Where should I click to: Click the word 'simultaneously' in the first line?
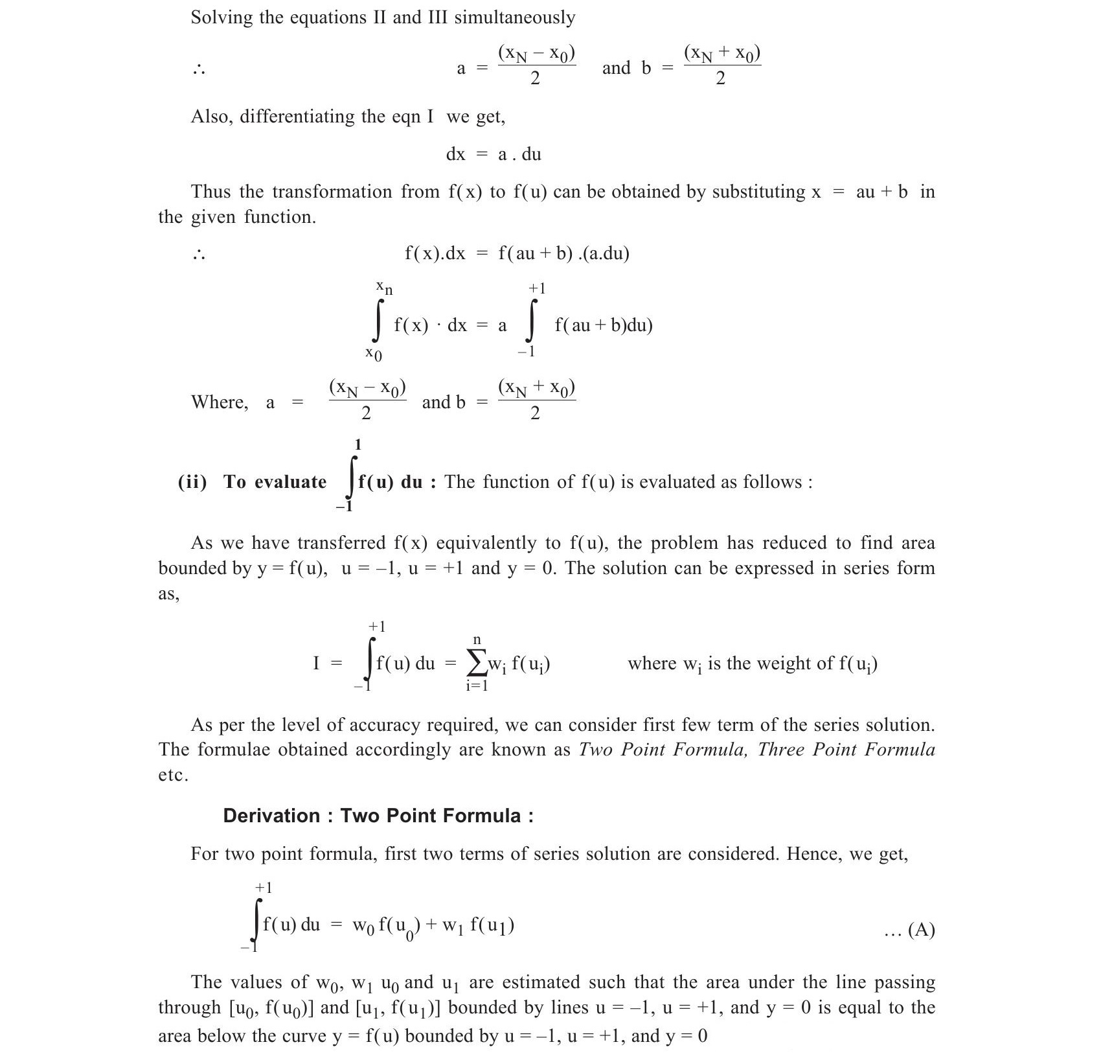[514, 17]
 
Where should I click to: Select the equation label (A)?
[922, 930]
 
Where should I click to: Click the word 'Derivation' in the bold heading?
[271, 815]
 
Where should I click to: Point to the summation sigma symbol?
[477, 663]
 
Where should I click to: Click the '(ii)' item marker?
[192, 482]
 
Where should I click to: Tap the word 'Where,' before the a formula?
[220, 402]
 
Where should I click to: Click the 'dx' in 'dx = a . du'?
[456, 154]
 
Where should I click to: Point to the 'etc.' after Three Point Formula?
[173, 775]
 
